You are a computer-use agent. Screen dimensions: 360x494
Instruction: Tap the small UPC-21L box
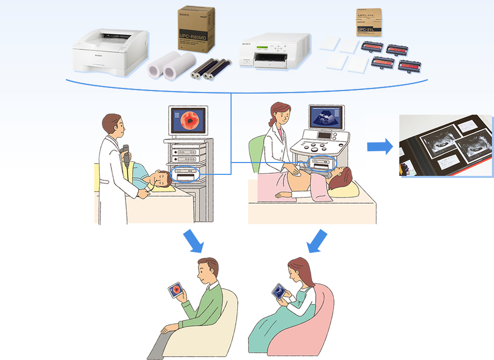369,23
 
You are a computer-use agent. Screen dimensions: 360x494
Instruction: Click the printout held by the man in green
176,291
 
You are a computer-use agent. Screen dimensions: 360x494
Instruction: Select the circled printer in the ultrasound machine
321,162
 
